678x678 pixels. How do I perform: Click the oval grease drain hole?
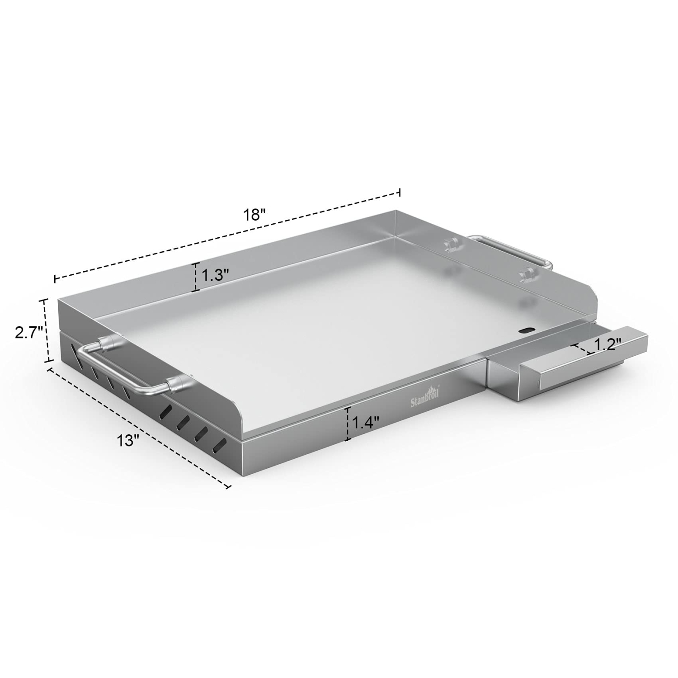click(x=527, y=330)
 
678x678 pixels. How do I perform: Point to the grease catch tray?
click(x=570, y=362)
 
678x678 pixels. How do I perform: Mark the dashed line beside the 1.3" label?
click(x=196, y=277)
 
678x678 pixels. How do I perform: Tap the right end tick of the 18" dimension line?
click(x=399, y=192)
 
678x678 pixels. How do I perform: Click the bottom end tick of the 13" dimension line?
click(x=228, y=487)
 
